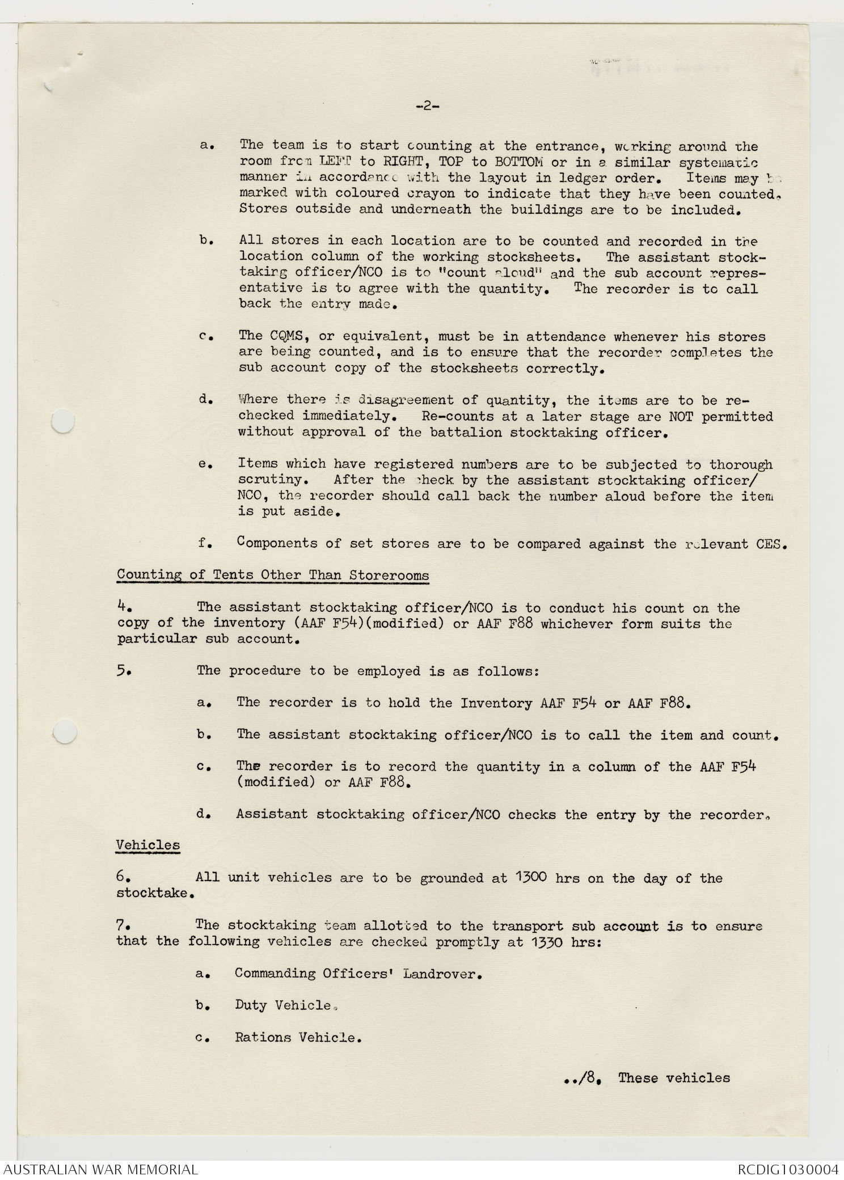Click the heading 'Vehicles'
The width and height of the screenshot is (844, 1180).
pos(148,845)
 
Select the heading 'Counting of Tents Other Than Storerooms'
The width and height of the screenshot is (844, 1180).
pos(273,575)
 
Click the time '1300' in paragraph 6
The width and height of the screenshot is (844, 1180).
pos(531,877)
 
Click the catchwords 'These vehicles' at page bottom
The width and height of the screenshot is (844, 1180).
pos(674,1077)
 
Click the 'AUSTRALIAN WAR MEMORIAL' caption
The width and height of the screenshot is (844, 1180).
pos(100,1169)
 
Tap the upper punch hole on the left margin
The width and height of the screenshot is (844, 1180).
pos(63,421)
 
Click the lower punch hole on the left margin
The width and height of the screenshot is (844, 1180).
pos(64,731)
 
